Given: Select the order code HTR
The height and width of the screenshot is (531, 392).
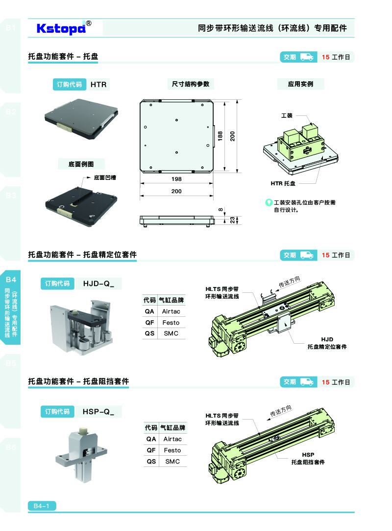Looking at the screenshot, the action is coord(98,85).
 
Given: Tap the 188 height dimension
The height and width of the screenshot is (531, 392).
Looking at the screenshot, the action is coord(220,136).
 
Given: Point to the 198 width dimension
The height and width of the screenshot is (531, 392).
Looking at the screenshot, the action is coord(176,179).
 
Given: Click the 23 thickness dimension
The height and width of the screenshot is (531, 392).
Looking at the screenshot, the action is coord(232,220).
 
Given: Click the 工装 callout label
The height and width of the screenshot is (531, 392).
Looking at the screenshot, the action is coord(287,115).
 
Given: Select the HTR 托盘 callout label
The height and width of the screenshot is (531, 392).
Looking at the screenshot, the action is coord(283,183).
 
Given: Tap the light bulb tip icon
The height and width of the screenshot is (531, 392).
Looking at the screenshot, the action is coord(269,202).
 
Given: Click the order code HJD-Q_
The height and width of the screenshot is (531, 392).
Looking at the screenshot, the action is coord(98,284).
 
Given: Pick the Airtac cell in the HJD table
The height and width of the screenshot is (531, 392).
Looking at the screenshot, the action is coord(171,311).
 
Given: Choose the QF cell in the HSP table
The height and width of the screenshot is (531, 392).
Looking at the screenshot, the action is coord(151,450).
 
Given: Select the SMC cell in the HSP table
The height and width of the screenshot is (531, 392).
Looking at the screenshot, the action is coord(172,461).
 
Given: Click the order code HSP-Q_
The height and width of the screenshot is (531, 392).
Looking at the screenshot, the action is coord(98,412).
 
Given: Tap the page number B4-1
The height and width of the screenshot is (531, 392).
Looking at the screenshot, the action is coord(42,506).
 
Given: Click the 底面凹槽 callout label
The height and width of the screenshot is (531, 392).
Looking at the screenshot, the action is coord(105,177).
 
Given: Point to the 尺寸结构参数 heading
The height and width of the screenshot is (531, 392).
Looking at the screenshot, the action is coord(191,84).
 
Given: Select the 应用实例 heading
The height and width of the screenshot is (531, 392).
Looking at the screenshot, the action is coord(300,84).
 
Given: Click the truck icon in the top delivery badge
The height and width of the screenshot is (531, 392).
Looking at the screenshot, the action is coord(306,57).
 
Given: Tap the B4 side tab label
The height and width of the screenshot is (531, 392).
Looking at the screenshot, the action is coord(11,279).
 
